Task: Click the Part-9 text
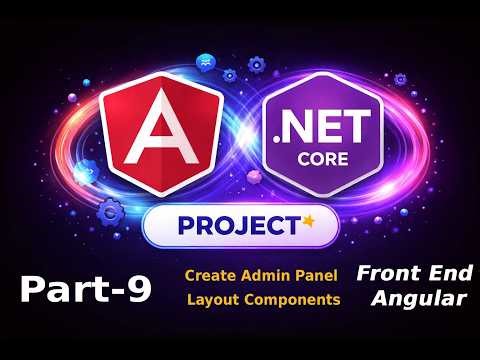[86, 290]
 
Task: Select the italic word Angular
[411, 298]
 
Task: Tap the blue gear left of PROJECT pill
[112, 211]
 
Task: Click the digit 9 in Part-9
[139, 290]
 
